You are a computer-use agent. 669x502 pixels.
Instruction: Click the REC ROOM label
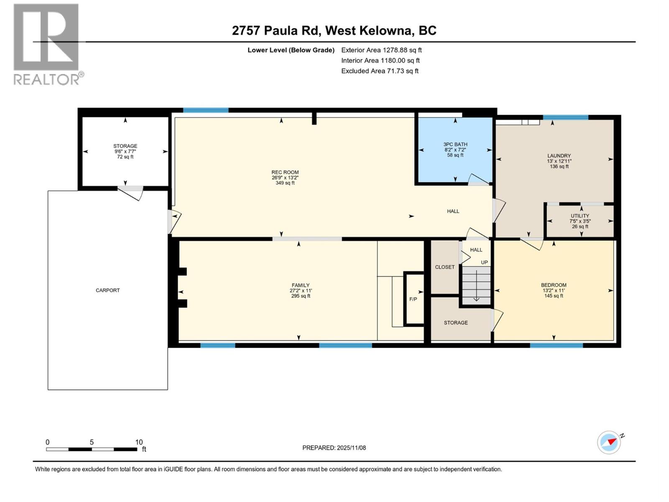(x=285, y=172)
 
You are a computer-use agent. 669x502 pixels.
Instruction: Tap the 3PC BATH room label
(x=455, y=144)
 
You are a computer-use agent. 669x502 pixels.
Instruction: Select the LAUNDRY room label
(x=559, y=156)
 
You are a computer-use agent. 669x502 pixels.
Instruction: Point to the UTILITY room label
(x=580, y=216)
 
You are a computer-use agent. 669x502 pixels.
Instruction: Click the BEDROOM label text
(x=554, y=285)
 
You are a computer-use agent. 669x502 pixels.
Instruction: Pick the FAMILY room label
(x=301, y=285)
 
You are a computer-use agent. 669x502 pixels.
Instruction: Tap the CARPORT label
(x=108, y=290)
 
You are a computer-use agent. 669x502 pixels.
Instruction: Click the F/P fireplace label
(x=413, y=299)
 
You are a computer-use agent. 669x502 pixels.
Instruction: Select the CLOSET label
(x=444, y=267)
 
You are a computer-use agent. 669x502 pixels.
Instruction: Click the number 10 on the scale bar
(x=139, y=442)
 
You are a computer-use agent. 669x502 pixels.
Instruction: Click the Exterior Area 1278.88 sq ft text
(x=381, y=50)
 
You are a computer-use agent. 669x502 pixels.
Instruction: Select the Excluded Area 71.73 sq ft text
(x=380, y=71)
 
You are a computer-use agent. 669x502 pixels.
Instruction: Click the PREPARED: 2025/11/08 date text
(x=334, y=448)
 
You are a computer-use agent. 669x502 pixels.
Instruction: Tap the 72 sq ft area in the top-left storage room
(x=125, y=157)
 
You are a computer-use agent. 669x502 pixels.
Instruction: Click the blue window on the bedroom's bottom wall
(x=556, y=346)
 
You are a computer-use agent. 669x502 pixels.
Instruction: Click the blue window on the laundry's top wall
(x=565, y=117)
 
